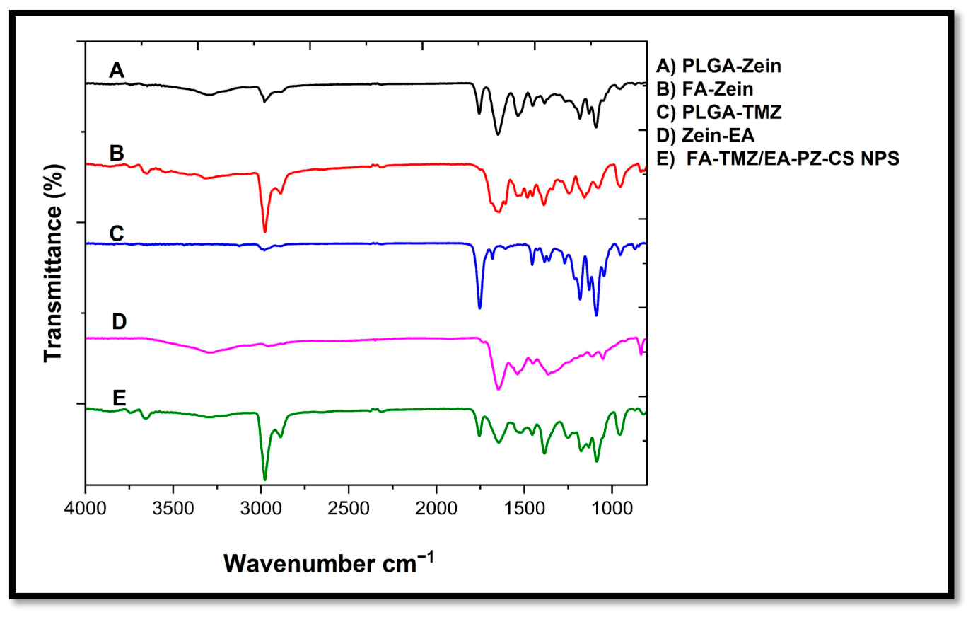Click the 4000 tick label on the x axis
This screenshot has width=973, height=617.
click(x=85, y=508)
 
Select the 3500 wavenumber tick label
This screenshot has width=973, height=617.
click(x=173, y=508)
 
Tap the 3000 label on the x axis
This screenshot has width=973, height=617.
click(x=261, y=508)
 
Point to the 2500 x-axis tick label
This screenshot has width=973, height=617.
click(x=349, y=508)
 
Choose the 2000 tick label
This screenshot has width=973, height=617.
click(x=436, y=508)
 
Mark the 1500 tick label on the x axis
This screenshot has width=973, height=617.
click(x=524, y=508)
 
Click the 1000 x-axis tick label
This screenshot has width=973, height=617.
click(x=612, y=508)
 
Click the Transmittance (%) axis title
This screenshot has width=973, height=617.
click(x=54, y=263)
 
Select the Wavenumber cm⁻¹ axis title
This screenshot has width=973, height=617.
click(x=329, y=563)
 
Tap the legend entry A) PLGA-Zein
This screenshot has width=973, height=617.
click(x=719, y=66)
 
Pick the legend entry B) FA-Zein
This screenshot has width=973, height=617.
click(x=704, y=89)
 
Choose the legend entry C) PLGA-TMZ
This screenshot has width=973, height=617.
click(x=719, y=112)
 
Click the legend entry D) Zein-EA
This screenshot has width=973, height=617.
click(x=706, y=136)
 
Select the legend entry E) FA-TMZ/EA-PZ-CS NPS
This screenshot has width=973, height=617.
click(x=778, y=158)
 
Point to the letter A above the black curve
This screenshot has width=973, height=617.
click(x=117, y=70)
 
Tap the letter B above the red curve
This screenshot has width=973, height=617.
click(x=117, y=153)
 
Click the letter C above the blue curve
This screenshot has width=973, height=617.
click(x=117, y=233)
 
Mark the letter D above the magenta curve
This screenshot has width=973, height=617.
click(x=119, y=321)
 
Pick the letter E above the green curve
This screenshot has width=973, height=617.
click(x=119, y=398)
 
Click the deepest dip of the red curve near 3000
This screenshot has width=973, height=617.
click(x=265, y=231)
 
